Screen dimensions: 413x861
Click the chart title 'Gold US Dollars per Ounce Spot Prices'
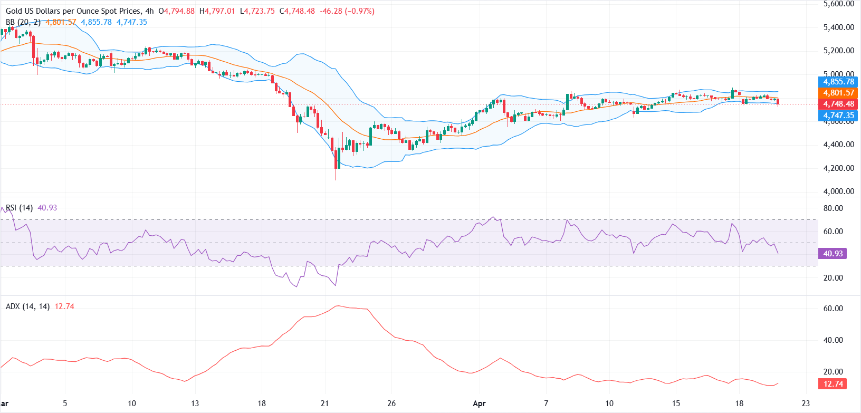pyautogui.click(x=73, y=11)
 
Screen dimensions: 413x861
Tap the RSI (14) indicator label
pyautogui.click(x=20, y=208)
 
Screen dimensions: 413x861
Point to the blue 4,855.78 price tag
pyautogui.click(x=838, y=82)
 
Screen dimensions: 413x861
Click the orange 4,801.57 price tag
pyautogui.click(x=838, y=93)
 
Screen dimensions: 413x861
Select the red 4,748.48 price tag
pyautogui.click(x=838, y=104)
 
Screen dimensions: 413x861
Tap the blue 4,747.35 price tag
pyautogui.click(x=838, y=116)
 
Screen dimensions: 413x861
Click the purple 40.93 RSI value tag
pyautogui.click(x=833, y=254)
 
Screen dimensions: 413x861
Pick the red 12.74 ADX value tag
pyautogui.click(x=833, y=384)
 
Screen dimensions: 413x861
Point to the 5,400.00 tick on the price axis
pyautogui.click(x=838, y=27)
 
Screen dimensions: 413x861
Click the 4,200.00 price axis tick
pyautogui.click(x=838, y=168)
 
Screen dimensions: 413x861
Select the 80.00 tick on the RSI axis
pyautogui.click(x=833, y=208)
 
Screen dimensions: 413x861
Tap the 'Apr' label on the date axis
pyautogui.click(x=479, y=404)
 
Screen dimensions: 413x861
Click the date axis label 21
pyautogui.click(x=324, y=404)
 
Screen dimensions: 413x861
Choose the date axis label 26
pyautogui.click(x=391, y=404)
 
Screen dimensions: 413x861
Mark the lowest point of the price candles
pyautogui.click(x=336, y=180)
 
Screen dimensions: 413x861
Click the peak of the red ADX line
pyautogui.click(x=338, y=306)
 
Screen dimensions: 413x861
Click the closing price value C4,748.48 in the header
pyautogui.click(x=300, y=11)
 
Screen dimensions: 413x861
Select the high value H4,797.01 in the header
pyautogui.click(x=217, y=11)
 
